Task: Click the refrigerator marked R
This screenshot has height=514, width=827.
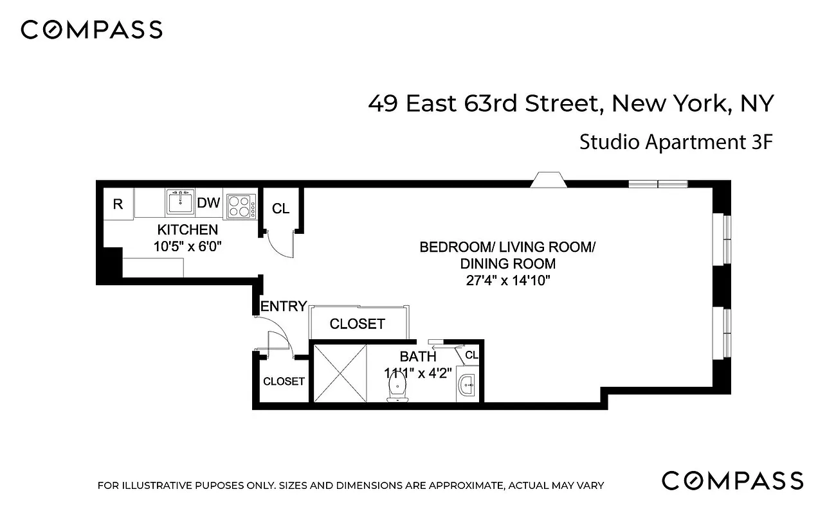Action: point(118,204)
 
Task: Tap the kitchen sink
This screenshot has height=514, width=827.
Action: point(180,203)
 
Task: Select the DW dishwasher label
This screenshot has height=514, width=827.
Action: point(208,204)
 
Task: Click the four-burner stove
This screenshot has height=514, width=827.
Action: point(239,205)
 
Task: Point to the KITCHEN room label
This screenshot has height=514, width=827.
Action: point(188,230)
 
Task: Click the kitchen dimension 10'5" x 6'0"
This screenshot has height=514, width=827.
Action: point(188,245)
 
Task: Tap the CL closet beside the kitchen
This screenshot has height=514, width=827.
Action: point(281,209)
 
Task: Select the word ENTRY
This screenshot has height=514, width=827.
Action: point(284,307)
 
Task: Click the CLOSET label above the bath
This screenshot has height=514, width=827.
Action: point(357,324)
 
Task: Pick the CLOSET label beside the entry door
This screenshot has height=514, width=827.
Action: point(284,381)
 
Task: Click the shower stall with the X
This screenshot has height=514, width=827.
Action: point(340,373)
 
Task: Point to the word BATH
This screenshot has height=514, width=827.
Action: point(418,357)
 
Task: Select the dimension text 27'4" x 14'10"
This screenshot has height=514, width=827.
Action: point(508,280)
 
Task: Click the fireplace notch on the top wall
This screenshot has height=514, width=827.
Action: point(547,181)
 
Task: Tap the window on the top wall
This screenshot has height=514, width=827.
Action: point(658,184)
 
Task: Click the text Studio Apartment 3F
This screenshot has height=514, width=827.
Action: point(675,142)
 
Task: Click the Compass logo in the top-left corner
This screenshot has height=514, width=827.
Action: point(91,30)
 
